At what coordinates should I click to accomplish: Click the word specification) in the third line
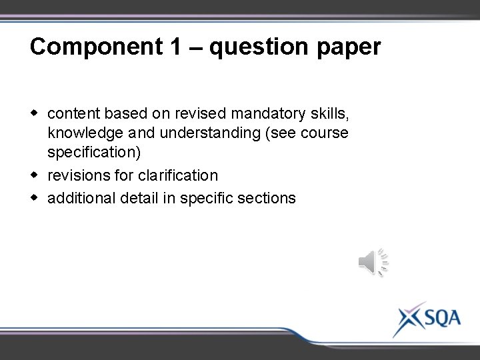point(94,154)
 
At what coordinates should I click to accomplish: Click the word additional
point(82,197)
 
